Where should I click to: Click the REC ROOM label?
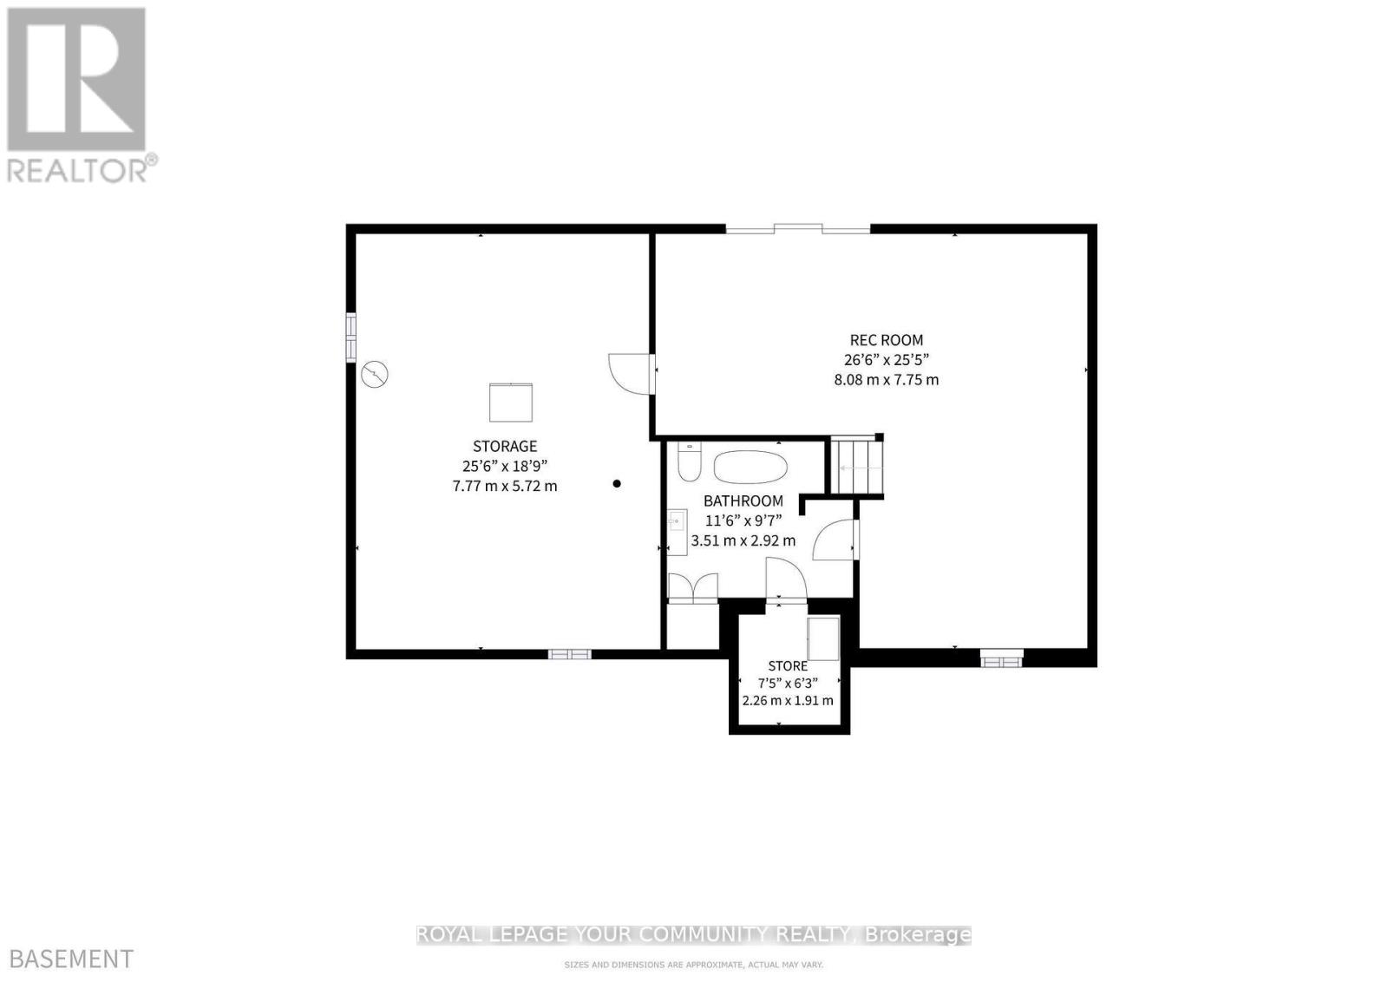(x=886, y=340)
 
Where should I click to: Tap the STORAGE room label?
(x=505, y=446)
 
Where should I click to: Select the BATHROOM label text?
(x=743, y=501)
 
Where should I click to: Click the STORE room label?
(x=788, y=665)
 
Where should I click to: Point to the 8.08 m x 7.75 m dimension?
(x=886, y=380)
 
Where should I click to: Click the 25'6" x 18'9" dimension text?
(x=505, y=466)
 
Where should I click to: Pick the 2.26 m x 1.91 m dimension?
(x=788, y=700)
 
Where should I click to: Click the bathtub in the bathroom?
(x=750, y=467)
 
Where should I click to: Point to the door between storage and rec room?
(x=631, y=374)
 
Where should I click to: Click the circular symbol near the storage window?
(x=375, y=375)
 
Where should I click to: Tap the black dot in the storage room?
(x=617, y=483)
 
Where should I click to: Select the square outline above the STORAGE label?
(x=511, y=403)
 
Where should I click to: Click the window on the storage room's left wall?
(x=350, y=336)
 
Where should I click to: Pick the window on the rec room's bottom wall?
(x=1002, y=660)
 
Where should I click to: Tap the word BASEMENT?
(x=68, y=959)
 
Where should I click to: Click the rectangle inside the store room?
(x=823, y=639)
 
